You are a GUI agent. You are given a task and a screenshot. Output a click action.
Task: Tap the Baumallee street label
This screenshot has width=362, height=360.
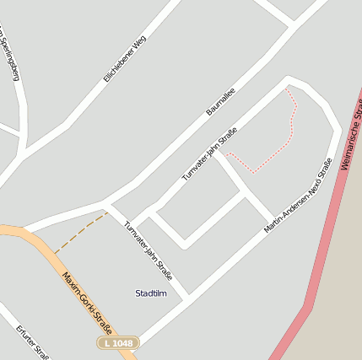[x=220, y=101]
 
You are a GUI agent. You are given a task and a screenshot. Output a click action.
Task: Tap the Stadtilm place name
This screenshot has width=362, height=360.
[x=151, y=293]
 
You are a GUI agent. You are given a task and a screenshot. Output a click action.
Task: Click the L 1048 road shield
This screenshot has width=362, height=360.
[x=116, y=344]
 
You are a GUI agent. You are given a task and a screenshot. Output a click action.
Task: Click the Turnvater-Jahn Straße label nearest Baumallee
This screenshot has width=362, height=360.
[x=209, y=153]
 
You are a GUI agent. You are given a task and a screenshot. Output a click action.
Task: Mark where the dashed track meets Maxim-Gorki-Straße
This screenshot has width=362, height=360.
[x=56, y=253]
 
